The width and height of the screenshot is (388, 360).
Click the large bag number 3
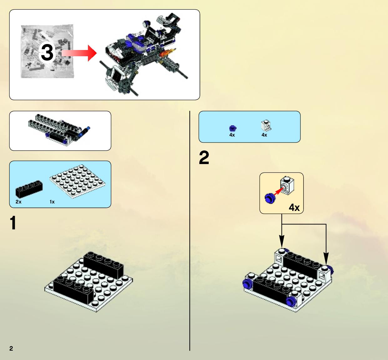point(47,52)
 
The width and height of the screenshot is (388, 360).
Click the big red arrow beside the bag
point(79,53)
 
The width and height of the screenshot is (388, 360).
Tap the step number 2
point(204,157)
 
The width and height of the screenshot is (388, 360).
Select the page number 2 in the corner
point(11,348)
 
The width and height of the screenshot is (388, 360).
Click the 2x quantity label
point(18,202)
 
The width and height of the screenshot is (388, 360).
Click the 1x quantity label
point(52,202)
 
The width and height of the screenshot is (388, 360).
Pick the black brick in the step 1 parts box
point(29,189)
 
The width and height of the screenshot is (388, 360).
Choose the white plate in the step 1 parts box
point(78,182)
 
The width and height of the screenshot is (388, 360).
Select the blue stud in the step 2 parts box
point(233,128)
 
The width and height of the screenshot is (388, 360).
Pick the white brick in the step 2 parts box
point(266,125)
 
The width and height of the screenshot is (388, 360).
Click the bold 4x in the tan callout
point(294,207)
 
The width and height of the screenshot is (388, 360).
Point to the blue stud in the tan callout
point(270,198)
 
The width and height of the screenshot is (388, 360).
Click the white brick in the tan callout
point(287,185)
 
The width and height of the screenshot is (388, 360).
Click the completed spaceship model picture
point(144,55)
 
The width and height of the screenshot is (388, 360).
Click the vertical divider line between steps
point(190,231)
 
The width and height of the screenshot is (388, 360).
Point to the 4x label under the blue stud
point(232,135)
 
